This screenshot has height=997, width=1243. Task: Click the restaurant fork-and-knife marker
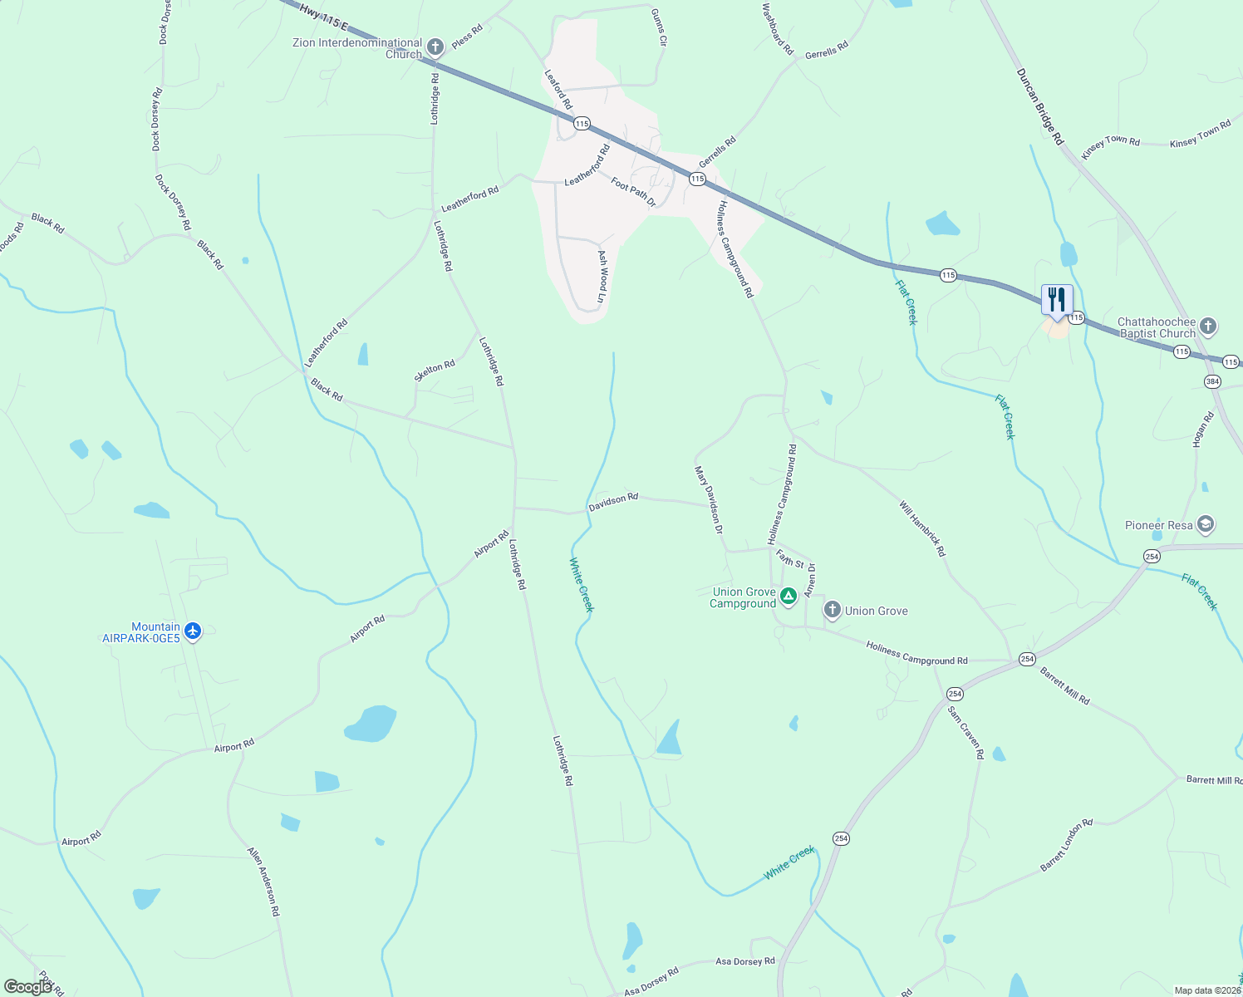point(1057,300)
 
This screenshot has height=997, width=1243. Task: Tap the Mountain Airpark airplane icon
point(193,631)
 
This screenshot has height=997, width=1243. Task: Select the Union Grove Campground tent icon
point(788,596)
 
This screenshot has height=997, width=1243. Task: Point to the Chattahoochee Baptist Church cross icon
point(1208,327)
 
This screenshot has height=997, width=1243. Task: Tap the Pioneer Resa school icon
point(1206,525)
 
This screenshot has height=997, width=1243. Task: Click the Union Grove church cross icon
point(832,611)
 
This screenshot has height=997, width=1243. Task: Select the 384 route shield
point(1212,381)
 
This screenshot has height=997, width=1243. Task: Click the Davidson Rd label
point(613,502)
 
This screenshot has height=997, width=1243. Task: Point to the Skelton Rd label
point(435,371)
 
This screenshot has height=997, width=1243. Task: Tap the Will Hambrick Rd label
point(922,528)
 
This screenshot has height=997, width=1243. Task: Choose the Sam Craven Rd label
point(966,731)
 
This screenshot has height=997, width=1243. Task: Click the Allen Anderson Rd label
point(264,882)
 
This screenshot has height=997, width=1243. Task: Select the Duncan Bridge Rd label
point(1039,107)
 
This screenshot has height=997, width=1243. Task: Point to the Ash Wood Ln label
point(603,276)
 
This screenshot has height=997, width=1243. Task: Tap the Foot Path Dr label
point(633,193)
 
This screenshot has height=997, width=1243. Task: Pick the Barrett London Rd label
point(1066,845)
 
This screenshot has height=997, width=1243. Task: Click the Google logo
point(28,986)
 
